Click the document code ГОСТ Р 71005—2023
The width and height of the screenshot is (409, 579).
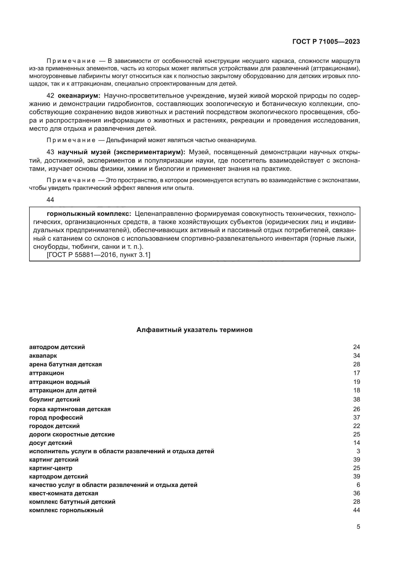(x=326, y=42)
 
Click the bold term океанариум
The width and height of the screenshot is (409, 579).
(x=79, y=96)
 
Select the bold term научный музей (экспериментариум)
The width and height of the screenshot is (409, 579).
(x=121, y=152)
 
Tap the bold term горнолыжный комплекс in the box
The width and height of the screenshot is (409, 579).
(x=89, y=214)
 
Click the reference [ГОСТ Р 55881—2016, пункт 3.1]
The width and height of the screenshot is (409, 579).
(x=98, y=255)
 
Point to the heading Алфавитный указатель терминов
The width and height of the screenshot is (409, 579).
(x=194, y=330)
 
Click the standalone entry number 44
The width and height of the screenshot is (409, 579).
(x=50, y=200)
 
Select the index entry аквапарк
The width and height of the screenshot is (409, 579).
(x=43, y=356)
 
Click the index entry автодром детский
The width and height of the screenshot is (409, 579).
(x=57, y=347)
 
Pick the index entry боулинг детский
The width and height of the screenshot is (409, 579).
(x=55, y=400)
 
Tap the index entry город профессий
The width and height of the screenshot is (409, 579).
(x=56, y=418)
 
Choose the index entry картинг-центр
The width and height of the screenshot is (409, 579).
(x=51, y=468)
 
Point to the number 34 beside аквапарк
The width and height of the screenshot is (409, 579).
(x=357, y=356)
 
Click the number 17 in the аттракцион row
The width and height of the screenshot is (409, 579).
(x=357, y=373)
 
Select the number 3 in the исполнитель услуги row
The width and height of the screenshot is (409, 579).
(x=358, y=451)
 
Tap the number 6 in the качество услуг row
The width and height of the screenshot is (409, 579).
(x=358, y=485)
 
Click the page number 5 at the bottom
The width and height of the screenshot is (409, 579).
(x=358, y=527)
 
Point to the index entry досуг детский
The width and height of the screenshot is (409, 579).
(x=51, y=443)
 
